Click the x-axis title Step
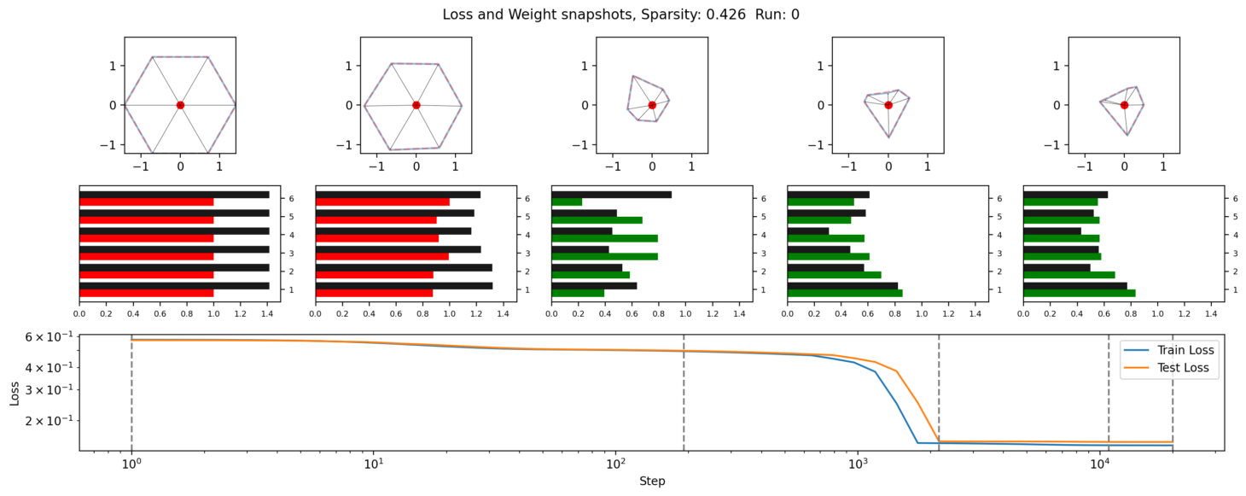(x=652, y=481)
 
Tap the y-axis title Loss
(x=15, y=393)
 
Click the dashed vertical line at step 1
(x=131, y=393)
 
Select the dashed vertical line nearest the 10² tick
(x=684, y=393)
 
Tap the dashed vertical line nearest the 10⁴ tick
(x=1109, y=393)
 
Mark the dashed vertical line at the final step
(x=1173, y=393)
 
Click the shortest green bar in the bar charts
(x=567, y=201)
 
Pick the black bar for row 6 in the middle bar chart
(x=611, y=195)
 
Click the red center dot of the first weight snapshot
(x=180, y=105)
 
